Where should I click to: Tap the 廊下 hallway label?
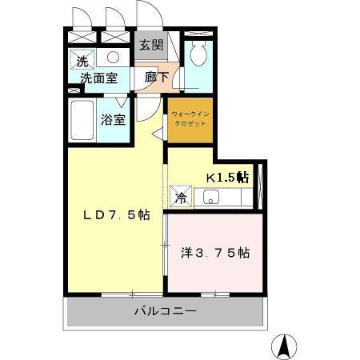pyautogui.click(x=157, y=78)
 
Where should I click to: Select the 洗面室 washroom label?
pyautogui.click(x=98, y=78)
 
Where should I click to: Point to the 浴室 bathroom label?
pyautogui.click(x=113, y=121)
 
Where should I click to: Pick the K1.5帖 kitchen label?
pyautogui.click(x=228, y=177)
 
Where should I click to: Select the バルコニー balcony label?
pyautogui.click(x=164, y=311)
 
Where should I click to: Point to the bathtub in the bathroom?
pyautogui.click(x=83, y=121)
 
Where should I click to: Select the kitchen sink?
pyautogui.click(x=212, y=197)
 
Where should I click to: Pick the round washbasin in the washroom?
pyautogui.click(x=114, y=58)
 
